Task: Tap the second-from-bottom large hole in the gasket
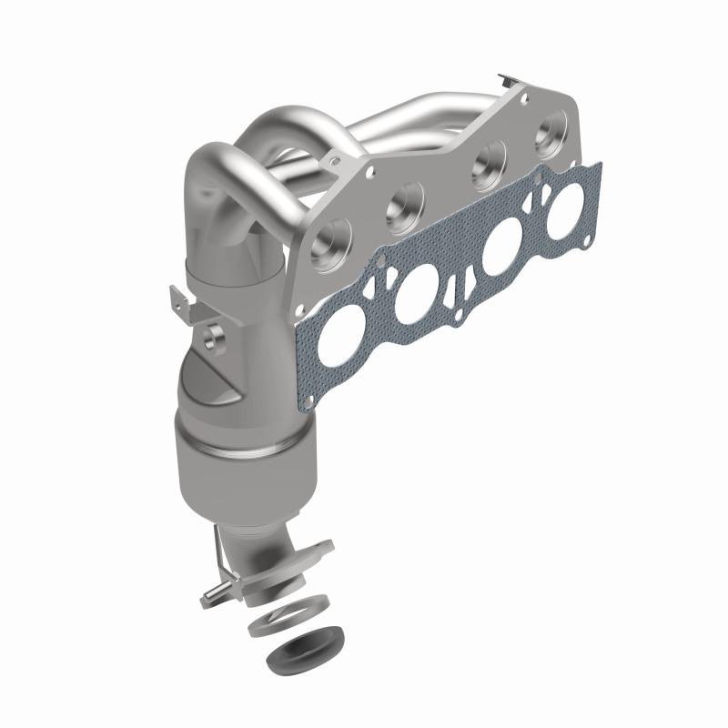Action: point(419,295)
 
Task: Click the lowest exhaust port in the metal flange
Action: point(328,238)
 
